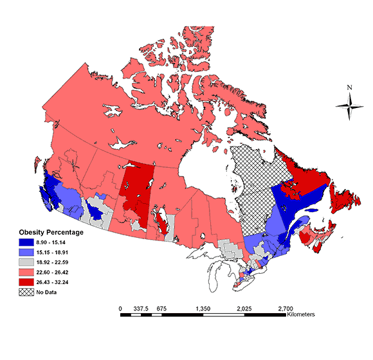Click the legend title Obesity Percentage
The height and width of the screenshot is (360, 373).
pos(51,231)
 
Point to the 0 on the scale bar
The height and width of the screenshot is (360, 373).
pos(120,309)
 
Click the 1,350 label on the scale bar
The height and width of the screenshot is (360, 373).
pos(203,309)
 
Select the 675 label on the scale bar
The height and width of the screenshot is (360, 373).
pos(161,309)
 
